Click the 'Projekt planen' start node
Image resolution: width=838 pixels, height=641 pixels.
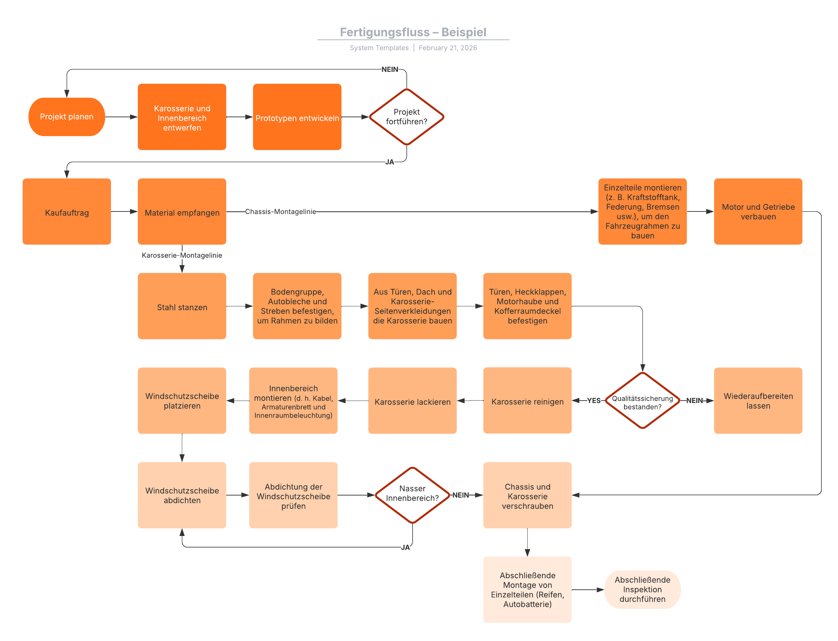point(66,117)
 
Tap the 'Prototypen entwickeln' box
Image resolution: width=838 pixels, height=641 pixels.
point(297,117)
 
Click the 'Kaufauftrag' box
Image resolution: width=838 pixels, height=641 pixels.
point(67,211)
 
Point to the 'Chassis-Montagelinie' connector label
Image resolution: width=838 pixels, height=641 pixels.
point(281,211)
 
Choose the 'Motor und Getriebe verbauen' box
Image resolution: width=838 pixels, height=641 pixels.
point(758,211)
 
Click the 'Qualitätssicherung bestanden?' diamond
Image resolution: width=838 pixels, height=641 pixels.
point(643,400)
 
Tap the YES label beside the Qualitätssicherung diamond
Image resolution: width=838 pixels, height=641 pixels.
point(594,400)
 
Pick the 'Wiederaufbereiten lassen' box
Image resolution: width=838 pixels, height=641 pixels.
point(758,401)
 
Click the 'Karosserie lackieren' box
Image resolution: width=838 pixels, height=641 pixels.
point(412,401)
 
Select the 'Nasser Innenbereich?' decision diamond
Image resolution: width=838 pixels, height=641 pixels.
point(413,495)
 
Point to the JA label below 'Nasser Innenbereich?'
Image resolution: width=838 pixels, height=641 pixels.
point(405,547)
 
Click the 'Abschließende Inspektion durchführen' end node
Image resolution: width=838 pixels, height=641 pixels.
point(642,589)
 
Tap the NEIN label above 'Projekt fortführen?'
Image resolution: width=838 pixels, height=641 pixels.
point(390,69)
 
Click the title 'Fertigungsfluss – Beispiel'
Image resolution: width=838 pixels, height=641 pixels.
point(413,32)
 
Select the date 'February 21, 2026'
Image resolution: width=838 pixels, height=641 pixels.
point(448,48)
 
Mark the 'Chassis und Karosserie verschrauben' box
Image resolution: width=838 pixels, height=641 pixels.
point(527,495)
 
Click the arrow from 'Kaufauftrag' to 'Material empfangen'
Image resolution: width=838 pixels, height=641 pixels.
point(124,211)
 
